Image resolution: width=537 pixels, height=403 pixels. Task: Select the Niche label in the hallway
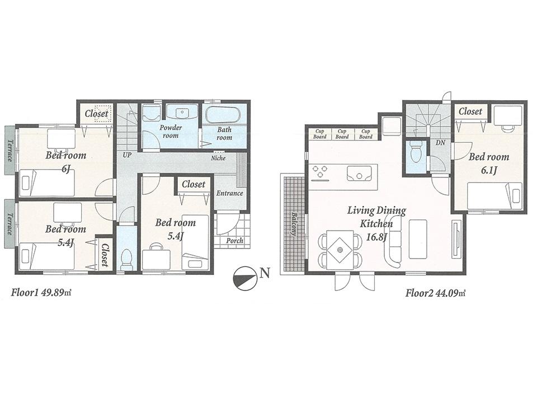pos(218,158)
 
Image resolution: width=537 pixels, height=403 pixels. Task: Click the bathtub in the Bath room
pos(222,115)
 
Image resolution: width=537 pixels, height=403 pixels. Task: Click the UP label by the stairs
pos(127,154)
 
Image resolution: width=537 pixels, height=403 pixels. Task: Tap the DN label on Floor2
pos(440,143)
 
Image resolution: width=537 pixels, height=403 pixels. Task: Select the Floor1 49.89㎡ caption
pos(43,292)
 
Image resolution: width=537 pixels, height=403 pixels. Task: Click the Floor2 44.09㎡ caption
pos(436,292)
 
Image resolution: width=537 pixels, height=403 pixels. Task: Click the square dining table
pos(340,247)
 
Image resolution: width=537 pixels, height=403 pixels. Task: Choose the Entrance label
pos(230,194)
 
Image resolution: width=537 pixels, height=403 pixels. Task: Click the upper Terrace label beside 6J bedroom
pos(10,150)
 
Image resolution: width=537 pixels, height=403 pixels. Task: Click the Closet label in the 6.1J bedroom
pos(470,111)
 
